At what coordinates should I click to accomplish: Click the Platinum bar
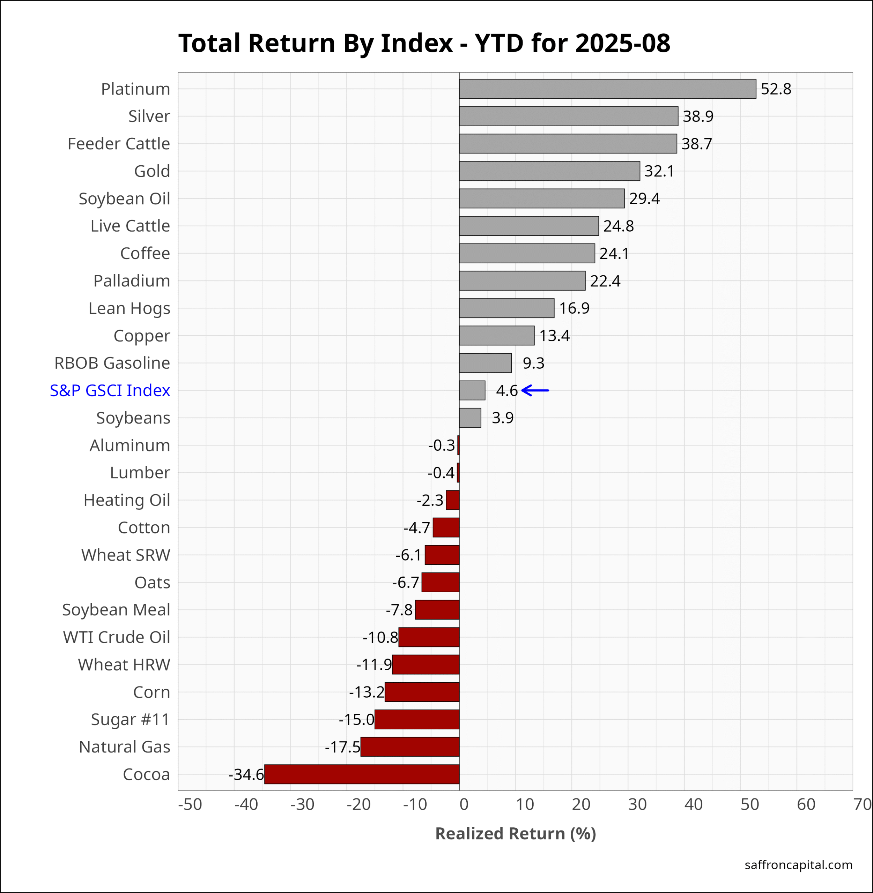tap(607, 89)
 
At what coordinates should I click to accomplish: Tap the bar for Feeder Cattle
tap(568, 143)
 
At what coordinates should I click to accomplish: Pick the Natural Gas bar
tap(409, 746)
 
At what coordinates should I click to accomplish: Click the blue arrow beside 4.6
tap(535, 390)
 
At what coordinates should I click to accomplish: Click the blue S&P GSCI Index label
tap(110, 390)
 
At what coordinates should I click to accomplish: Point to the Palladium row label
tap(132, 280)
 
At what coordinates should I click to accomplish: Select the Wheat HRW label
tap(124, 665)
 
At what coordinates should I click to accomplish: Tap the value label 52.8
tap(776, 89)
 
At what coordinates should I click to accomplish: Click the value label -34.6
tap(246, 774)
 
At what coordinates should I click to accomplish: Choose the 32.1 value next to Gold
tap(659, 171)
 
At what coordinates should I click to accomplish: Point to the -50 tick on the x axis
tap(190, 804)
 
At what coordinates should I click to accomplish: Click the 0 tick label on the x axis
tap(464, 804)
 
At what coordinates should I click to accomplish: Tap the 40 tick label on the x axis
tap(693, 804)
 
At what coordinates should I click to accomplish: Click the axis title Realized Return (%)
tap(515, 833)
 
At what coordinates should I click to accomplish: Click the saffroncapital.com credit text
tap(798, 865)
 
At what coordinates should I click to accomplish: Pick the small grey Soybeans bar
tap(470, 418)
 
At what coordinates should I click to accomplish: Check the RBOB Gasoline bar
tap(485, 363)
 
